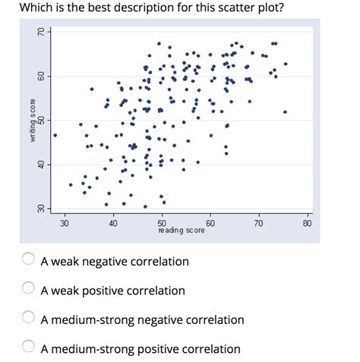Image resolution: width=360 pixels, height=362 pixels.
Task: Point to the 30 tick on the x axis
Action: point(65,223)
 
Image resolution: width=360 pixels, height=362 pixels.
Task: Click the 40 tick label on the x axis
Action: point(113,223)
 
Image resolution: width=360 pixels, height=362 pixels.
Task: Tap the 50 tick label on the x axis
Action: point(162,222)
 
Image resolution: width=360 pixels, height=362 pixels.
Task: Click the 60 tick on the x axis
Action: point(210,223)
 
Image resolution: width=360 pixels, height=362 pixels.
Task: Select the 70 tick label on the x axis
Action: point(259,223)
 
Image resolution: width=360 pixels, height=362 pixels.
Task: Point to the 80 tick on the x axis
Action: point(307,223)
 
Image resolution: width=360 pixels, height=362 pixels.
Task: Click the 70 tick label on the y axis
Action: point(42,33)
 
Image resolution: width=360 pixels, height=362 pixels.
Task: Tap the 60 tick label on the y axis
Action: point(42,77)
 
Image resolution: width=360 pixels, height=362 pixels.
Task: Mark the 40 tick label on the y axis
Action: point(42,165)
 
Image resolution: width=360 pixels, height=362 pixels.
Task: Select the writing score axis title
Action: point(33,121)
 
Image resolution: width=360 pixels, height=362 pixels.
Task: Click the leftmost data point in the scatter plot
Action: point(55,135)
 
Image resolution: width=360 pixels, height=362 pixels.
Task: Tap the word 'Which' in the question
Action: point(36,10)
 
